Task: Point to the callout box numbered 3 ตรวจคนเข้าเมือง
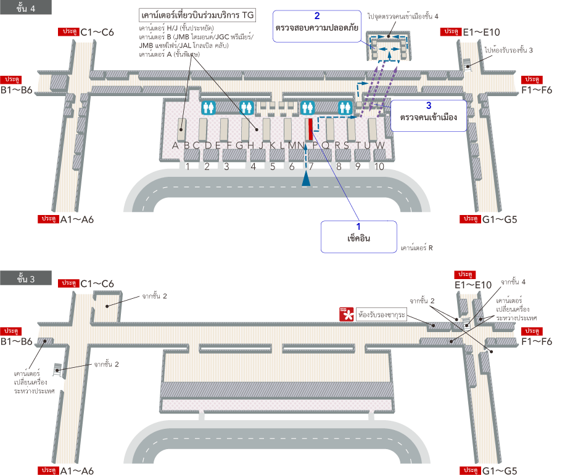427,116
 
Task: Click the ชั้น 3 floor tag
27,278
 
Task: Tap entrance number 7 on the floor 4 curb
312,166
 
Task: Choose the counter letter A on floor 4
175,146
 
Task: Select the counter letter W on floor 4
381,146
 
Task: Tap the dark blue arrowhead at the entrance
306,179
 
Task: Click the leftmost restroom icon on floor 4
208,107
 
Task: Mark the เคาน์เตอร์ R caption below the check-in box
416,249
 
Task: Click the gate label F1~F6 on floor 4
537,90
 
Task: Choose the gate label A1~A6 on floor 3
76,471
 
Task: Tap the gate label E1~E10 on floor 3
474,285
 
